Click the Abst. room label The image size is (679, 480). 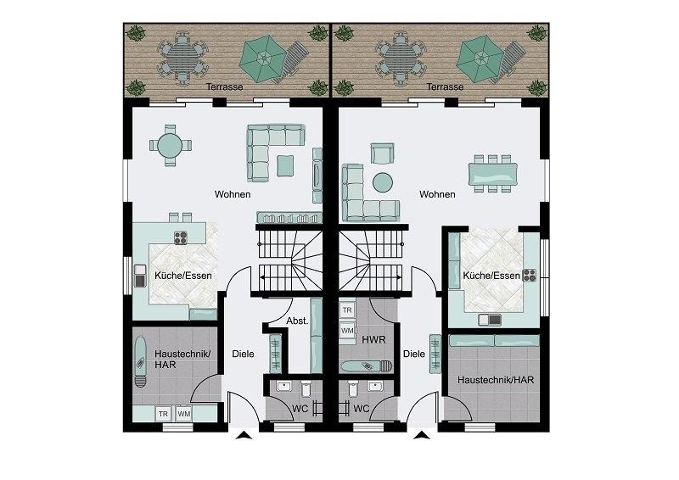[297, 321]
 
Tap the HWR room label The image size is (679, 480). [373, 340]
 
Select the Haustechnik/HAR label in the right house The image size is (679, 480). [496, 380]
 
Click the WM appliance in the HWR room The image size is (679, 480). [347, 330]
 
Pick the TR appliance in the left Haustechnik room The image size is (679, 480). [163, 414]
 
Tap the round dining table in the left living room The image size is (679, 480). [170, 145]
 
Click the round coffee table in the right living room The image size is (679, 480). [383, 182]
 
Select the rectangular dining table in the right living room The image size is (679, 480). [493, 174]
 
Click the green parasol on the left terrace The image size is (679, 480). [263, 59]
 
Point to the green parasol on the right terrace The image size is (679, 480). [480, 59]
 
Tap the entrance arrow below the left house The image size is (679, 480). [244, 435]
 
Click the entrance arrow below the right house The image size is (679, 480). [420, 435]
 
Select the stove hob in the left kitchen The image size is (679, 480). [181, 237]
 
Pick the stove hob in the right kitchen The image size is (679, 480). [529, 276]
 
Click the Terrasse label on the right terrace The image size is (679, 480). [445, 87]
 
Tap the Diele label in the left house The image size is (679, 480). [243, 354]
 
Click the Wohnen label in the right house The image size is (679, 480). [437, 194]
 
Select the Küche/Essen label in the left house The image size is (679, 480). [183, 276]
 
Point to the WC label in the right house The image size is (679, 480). [362, 409]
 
